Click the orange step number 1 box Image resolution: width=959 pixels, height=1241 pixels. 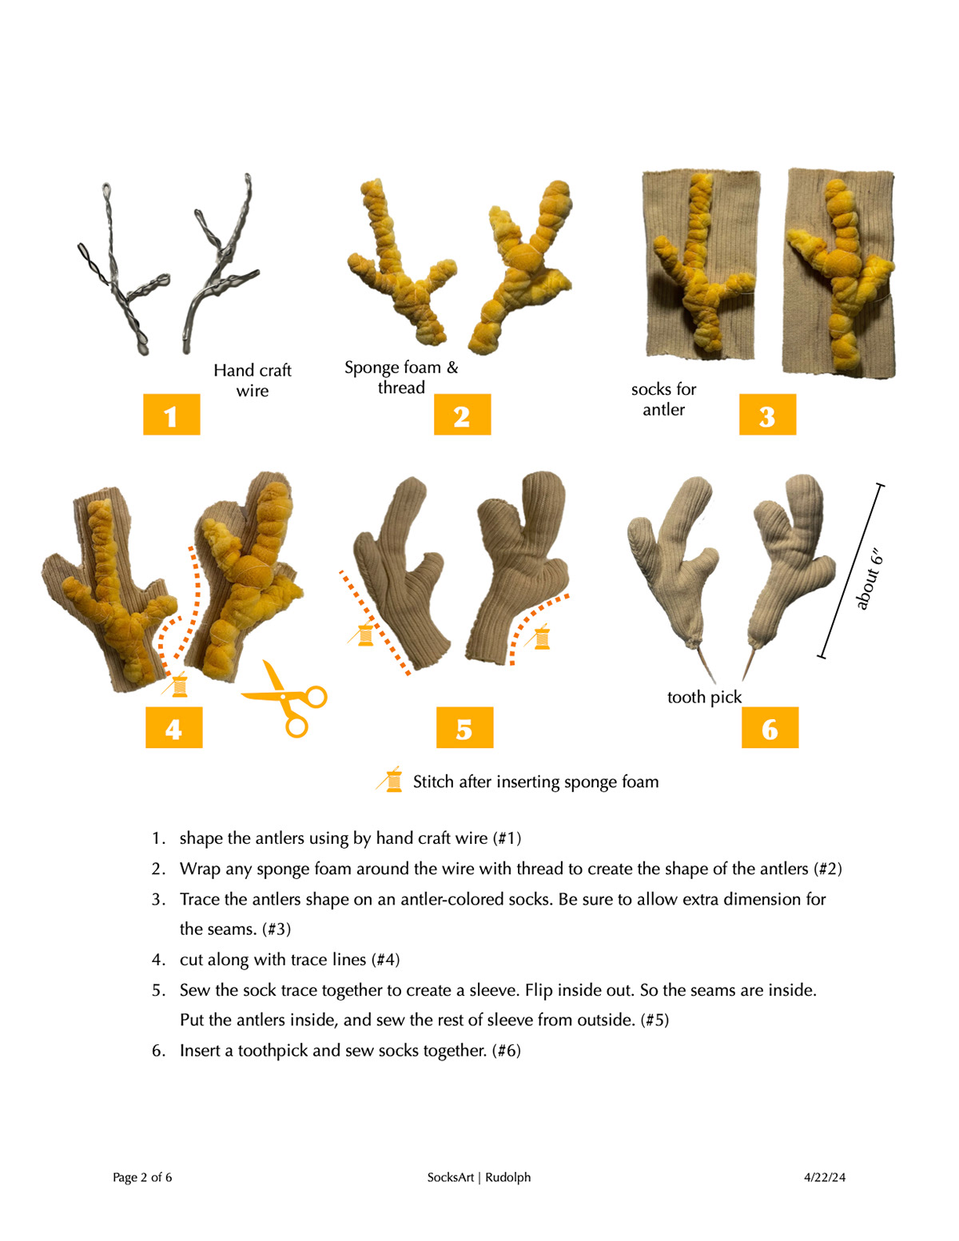click(171, 414)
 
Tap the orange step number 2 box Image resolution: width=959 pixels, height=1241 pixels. click(462, 414)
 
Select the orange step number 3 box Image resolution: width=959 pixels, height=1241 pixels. click(767, 414)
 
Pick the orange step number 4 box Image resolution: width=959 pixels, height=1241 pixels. click(174, 727)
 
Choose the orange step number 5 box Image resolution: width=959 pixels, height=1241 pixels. click(464, 727)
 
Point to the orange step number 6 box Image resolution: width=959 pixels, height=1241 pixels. click(770, 727)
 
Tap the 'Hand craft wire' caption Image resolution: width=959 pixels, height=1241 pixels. click(253, 380)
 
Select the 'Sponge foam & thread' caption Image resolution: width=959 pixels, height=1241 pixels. click(401, 377)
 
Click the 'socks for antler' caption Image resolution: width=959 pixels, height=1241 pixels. click(663, 400)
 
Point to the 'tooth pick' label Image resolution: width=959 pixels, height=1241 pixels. click(704, 698)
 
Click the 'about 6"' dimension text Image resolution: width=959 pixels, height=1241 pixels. click(869, 579)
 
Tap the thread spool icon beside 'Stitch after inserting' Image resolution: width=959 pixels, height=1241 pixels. click(389, 780)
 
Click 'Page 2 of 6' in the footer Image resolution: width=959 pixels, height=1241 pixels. click(142, 1177)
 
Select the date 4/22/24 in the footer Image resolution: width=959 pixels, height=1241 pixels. click(824, 1177)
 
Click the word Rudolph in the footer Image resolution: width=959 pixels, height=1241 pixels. click(507, 1177)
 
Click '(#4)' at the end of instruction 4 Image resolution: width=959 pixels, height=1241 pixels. click(385, 960)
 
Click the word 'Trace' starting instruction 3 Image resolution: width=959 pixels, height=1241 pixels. click(199, 900)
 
